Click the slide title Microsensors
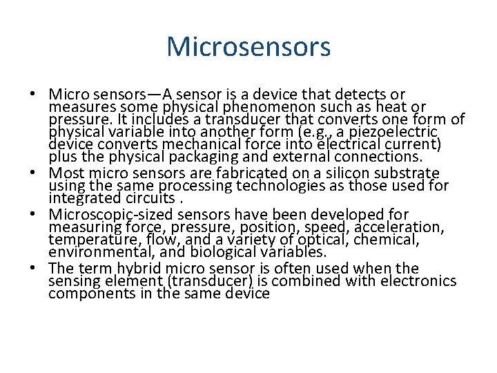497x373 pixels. [248, 47]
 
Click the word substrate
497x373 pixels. [405, 173]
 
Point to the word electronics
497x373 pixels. [418, 281]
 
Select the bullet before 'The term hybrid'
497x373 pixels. [32, 269]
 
